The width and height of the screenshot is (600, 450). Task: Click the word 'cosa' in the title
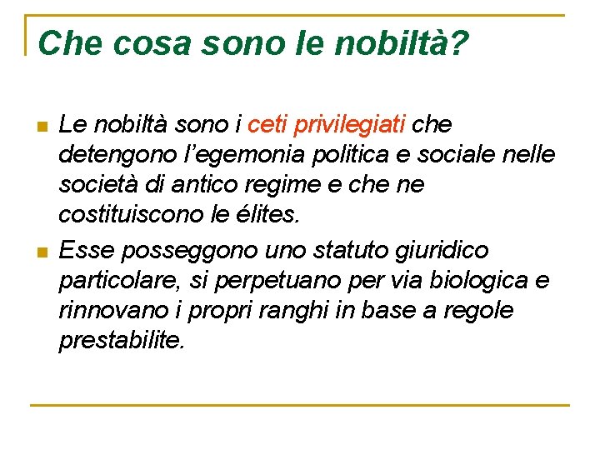(145, 43)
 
